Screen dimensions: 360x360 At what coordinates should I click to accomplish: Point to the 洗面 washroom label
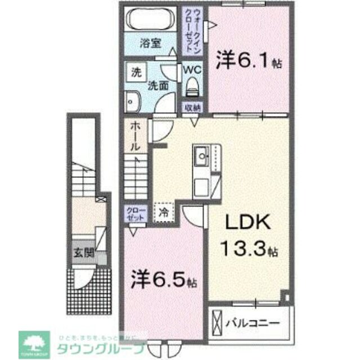tap(159, 85)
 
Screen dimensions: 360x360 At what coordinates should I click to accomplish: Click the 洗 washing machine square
tap(136, 73)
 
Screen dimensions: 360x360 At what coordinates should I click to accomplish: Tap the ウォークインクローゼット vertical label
tap(192, 31)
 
